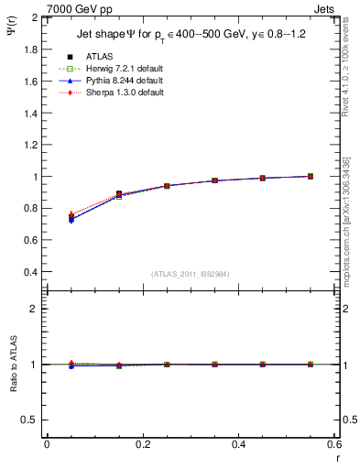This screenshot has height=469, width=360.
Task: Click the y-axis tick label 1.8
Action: tap(32, 49)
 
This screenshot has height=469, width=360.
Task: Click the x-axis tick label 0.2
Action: tap(142, 444)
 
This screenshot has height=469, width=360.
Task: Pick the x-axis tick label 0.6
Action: tap(333, 444)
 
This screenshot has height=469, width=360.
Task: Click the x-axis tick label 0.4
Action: tap(238, 444)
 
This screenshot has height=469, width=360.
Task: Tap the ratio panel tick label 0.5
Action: tap(32, 420)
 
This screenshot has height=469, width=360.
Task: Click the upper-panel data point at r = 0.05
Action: tap(71, 218)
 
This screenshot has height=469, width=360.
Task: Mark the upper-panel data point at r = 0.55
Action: tap(311, 176)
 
